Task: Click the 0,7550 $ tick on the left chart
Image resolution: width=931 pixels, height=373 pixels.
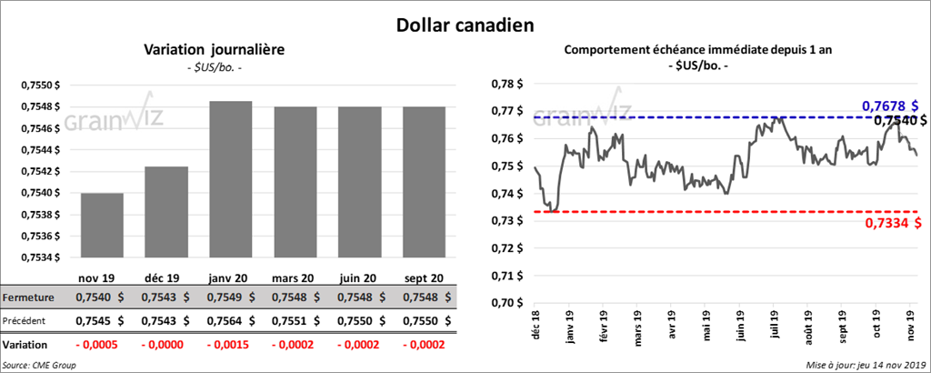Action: click(x=40, y=85)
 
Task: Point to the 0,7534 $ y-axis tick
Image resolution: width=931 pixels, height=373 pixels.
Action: click(x=40, y=257)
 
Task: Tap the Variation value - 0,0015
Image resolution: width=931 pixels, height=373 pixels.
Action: click(x=231, y=346)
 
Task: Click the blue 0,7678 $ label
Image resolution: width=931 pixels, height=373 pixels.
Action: click(x=889, y=106)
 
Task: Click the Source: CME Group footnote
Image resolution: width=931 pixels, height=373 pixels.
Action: click(x=39, y=365)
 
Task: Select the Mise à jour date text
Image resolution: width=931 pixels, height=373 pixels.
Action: click(x=865, y=365)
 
